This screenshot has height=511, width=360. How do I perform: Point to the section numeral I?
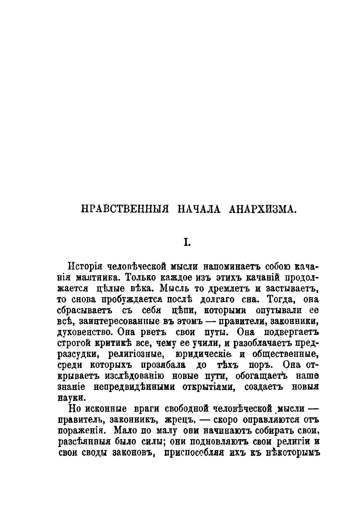(x=187, y=243)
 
